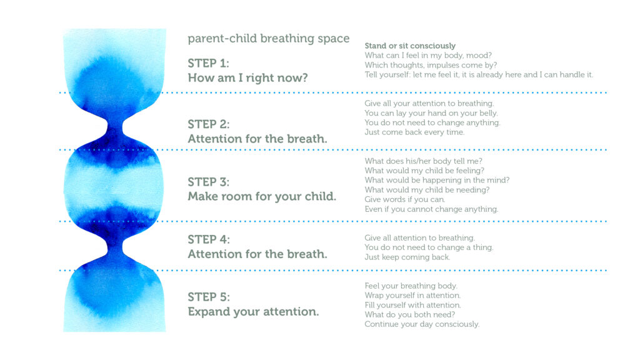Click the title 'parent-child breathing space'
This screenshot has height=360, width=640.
[x=269, y=39]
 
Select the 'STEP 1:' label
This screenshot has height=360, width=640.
[x=208, y=63]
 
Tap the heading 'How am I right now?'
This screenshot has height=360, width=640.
[x=247, y=78]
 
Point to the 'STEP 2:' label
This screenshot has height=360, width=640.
[x=209, y=124]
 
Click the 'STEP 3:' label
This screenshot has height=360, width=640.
[x=209, y=182]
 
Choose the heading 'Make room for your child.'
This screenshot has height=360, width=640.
[x=262, y=196]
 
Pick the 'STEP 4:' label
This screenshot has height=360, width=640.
[x=209, y=239]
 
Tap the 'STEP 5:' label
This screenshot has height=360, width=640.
[x=209, y=297]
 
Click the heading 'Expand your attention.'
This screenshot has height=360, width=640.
[x=253, y=311]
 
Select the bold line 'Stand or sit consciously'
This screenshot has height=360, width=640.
[x=410, y=46]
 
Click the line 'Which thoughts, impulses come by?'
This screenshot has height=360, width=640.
[x=431, y=65]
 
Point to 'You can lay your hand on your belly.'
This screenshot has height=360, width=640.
[x=431, y=113]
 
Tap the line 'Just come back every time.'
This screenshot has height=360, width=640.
[x=414, y=132]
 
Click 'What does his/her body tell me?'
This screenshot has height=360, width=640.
[x=423, y=161]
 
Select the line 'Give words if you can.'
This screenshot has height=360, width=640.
[x=404, y=199]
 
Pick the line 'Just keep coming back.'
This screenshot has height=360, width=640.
[x=407, y=257]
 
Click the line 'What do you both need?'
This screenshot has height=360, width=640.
[x=409, y=315]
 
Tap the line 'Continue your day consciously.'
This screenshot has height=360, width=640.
[x=422, y=324]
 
